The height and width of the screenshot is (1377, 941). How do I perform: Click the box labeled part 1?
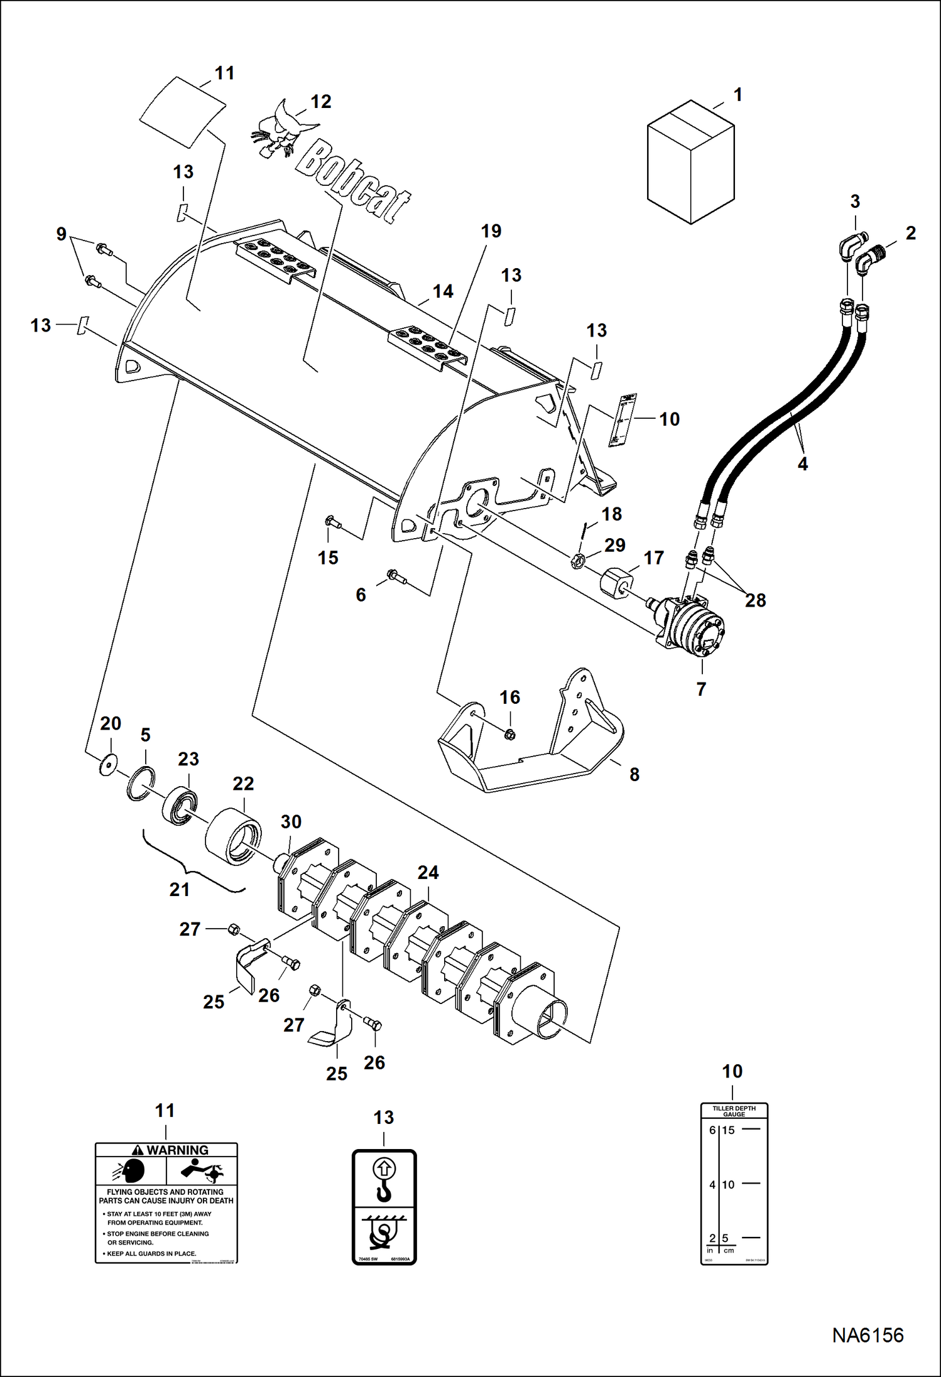pos(690,162)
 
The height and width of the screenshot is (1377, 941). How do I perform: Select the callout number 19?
pos(491,231)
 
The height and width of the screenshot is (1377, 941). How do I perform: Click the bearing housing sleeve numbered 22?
pos(233,837)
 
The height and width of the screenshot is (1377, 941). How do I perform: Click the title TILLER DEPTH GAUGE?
pos(734,1111)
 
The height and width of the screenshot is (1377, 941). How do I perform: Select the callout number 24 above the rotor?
pos(428,872)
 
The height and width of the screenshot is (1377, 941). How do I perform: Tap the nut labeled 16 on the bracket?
pos(510,733)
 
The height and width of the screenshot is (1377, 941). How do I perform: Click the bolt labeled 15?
pos(332,522)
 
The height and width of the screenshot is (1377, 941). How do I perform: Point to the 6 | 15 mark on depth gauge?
pos(722,1130)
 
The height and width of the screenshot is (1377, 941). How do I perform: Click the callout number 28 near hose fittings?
pos(755,600)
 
